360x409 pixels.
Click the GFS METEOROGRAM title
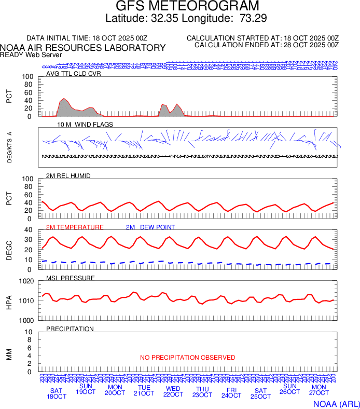tap(187, 7)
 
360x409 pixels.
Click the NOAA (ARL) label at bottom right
tap(337, 403)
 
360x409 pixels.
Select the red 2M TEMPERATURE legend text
tap(75, 227)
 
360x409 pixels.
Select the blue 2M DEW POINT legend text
tap(150, 227)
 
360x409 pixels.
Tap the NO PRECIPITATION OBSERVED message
tap(187, 358)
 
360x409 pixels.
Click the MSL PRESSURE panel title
tap(71, 278)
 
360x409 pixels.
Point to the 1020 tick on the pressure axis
tap(26, 281)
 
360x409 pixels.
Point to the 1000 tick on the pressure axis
tap(26, 320)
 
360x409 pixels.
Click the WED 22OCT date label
tap(173, 391)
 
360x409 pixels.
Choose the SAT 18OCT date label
tap(57, 393)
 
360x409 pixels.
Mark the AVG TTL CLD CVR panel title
tap(74, 74)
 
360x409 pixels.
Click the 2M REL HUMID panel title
tap(68, 176)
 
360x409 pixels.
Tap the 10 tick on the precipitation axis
tap(30, 332)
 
